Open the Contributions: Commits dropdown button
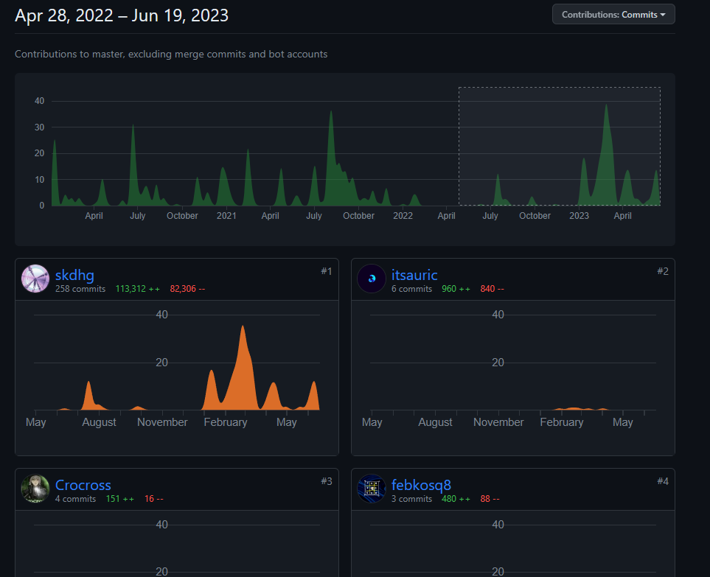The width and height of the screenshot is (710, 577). click(x=613, y=14)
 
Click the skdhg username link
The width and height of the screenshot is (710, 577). click(x=74, y=276)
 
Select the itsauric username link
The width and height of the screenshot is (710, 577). click(x=414, y=276)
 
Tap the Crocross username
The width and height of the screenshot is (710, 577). click(x=83, y=485)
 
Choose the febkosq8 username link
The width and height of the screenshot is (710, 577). click(x=421, y=485)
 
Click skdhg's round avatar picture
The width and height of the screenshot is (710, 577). click(x=35, y=279)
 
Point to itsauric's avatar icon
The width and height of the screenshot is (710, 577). click(x=372, y=279)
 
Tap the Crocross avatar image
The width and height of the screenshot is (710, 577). click(x=35, y=489)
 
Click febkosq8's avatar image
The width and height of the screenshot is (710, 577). click(x=372, y=489)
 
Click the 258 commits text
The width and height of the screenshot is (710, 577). click(x=80, y=289)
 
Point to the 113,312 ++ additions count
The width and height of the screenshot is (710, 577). click(x=138, y=289)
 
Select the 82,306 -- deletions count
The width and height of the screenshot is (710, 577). click(x=187, y=289)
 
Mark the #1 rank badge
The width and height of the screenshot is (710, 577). click(x=327, y=271)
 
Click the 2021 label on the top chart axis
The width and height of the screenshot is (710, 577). click(x=226, y=216)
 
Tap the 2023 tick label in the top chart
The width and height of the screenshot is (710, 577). click(x=580, y=216)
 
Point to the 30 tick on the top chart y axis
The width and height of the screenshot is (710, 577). click(x=40, y=127)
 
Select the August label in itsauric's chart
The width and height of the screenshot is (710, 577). click(x=435, y=422)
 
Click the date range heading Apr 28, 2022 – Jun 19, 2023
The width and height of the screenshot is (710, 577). click(x=122, y=15)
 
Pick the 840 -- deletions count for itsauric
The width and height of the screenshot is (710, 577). click(x=492, y=289)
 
